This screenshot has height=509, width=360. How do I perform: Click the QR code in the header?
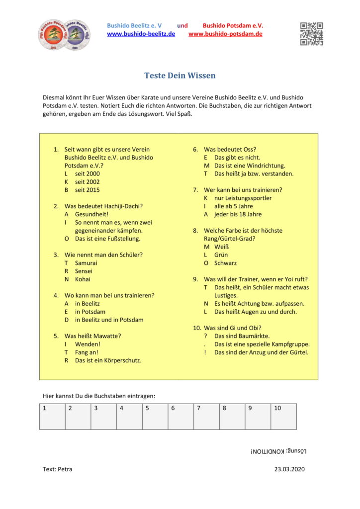311,34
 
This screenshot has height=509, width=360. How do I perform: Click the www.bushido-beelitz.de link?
141,34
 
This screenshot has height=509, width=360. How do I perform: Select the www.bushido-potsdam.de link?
225,34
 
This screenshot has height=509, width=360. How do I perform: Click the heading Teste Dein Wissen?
180,76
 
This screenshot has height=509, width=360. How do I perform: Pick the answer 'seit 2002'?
87,182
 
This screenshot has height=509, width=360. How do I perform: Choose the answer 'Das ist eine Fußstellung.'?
107,239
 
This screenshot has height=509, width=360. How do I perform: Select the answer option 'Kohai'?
83,279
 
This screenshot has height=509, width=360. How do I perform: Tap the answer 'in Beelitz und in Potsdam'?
109,320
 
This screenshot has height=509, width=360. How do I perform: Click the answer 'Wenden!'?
88,344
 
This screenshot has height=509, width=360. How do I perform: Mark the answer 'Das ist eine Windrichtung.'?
250,166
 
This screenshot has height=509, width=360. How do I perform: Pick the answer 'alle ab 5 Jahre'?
233,206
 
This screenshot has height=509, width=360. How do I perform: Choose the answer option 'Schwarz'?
225,263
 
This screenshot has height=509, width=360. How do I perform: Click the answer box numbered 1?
52,417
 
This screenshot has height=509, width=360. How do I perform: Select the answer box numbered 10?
283,417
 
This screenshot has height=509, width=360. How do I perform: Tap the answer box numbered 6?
180,417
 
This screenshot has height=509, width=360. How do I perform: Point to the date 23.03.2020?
289,469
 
